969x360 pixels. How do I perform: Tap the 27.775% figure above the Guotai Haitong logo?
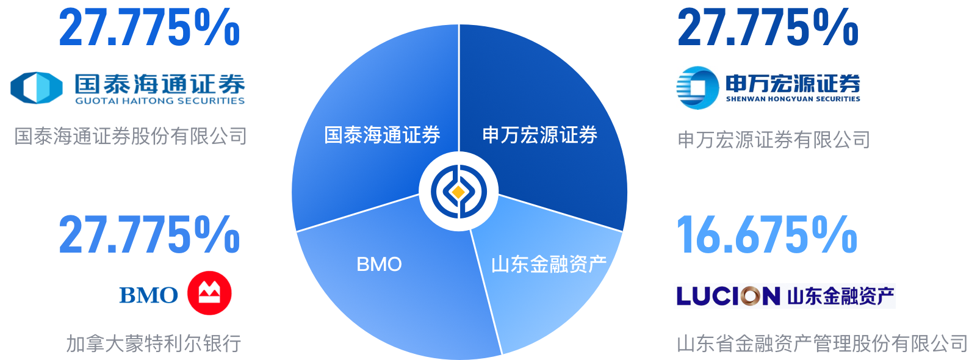[x=149, y=27]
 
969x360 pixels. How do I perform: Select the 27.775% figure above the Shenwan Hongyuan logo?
[x=768, y=27]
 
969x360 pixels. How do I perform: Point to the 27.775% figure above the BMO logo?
[x=149, y=235]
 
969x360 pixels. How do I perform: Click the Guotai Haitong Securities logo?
[x=128, y=87]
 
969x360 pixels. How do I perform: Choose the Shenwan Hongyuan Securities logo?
[x=768, y=88]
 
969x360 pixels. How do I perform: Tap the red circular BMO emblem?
[x=210, y=293]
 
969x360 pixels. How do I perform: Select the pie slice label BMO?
[x=379, y=265]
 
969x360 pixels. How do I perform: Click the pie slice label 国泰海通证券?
[x=382, y=135]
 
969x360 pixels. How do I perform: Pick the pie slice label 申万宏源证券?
[x=539, y=135]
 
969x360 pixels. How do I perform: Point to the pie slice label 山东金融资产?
[x=549, y=264]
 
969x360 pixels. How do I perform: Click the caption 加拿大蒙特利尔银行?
[x=153, y=344]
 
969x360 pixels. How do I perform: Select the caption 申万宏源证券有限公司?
[x=773, y=140]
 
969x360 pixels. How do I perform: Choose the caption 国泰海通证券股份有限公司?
[x=131, y=136]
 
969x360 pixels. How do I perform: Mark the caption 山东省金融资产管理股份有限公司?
[x=822, y=344]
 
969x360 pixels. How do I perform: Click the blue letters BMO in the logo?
[x=148, y=295]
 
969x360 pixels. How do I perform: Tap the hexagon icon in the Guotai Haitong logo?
[x=37, y=87]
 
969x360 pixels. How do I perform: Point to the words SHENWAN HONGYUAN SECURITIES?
[x=793, y=99]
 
